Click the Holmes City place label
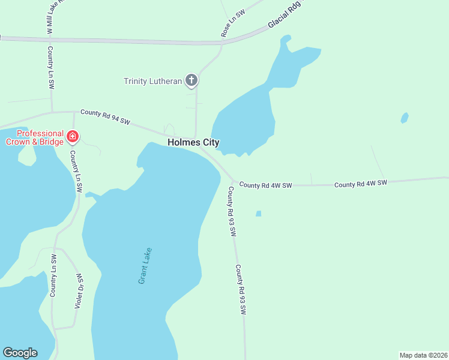click(x=193, y=143)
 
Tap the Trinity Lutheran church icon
click(x=191, y=80)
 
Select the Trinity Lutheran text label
click(x=152, y=81)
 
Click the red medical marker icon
click(x=73, y=137)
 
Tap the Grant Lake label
click(x=145, y=265)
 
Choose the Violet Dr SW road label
click(x=78, y=292)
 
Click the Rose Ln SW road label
click(x=234, y=25)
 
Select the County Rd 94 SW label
click(x=105, y=116)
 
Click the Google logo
click(x=20, y=353)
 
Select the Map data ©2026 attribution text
click(x=423, y=355)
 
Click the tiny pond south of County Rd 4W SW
click(x=258, y=213)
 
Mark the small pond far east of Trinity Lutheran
click(x=405, y=118)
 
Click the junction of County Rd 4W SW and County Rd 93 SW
click(x=234, y=182)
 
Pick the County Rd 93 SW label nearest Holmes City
click(x=231, y=211)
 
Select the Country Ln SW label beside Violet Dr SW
click(x=53, y=275)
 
